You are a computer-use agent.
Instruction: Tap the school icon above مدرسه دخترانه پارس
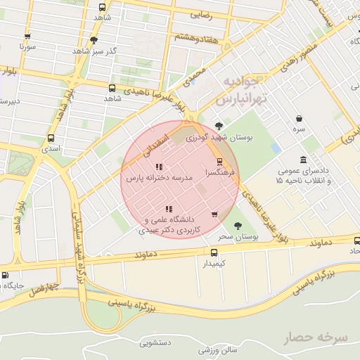coord(160,167)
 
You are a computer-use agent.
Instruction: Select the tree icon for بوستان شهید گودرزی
coord(219,127)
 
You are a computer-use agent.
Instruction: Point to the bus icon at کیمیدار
coord(214,252)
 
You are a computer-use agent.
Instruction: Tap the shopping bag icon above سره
coord(300,118)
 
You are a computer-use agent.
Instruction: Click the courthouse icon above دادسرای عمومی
coord(303,160)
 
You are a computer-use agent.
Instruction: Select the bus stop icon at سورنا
coord(27,36)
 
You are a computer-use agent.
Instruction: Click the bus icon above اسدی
coord(51,139)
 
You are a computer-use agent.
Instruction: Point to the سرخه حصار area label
coord(316,338)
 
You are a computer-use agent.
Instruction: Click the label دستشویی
coord(156,343)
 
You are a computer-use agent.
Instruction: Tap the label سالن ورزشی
coord(214,349)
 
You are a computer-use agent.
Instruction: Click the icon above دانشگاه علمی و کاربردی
coord(168,209)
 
